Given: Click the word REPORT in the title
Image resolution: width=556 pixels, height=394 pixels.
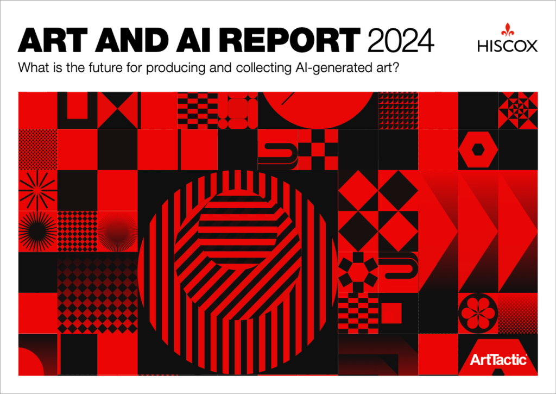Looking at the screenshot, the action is [290, 40].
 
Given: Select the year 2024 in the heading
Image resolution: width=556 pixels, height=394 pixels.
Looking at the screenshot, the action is [401, 40].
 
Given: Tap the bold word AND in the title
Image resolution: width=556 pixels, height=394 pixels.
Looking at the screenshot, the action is [131, 40].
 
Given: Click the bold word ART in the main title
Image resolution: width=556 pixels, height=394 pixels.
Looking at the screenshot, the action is [53, 40].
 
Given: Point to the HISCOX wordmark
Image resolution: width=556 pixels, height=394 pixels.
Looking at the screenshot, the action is [508, 46].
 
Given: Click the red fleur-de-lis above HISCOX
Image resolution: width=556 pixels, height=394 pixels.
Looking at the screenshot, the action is [508, 30].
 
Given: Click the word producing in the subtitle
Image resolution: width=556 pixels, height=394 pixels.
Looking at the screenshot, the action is [175, 68].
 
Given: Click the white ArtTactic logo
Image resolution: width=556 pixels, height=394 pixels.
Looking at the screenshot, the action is [498, 360].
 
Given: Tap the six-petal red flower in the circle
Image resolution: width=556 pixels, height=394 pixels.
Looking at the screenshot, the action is [478, 313].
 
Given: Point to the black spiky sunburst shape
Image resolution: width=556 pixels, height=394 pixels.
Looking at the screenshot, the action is [37, 232].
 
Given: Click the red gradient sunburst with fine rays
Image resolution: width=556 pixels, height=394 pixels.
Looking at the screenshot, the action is [117, 232].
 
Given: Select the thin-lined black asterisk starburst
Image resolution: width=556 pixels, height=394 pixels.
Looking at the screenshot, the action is [37, 190].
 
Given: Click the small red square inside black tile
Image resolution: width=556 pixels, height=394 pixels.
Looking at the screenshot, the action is [391, 314].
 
